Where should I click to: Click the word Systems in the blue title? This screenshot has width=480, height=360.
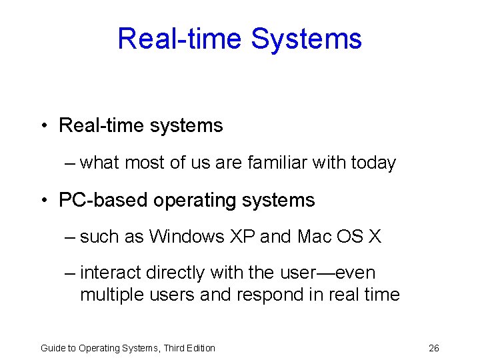(x=306, y=39)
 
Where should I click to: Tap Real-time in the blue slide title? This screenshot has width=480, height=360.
(x=179, y=39)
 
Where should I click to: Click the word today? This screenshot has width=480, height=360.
(x=373, y=163)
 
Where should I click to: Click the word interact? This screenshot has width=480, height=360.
(x=110, y=273)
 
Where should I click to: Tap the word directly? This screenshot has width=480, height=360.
(x=175, y=273)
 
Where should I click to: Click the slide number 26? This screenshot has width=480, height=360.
(x=433, y=348)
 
